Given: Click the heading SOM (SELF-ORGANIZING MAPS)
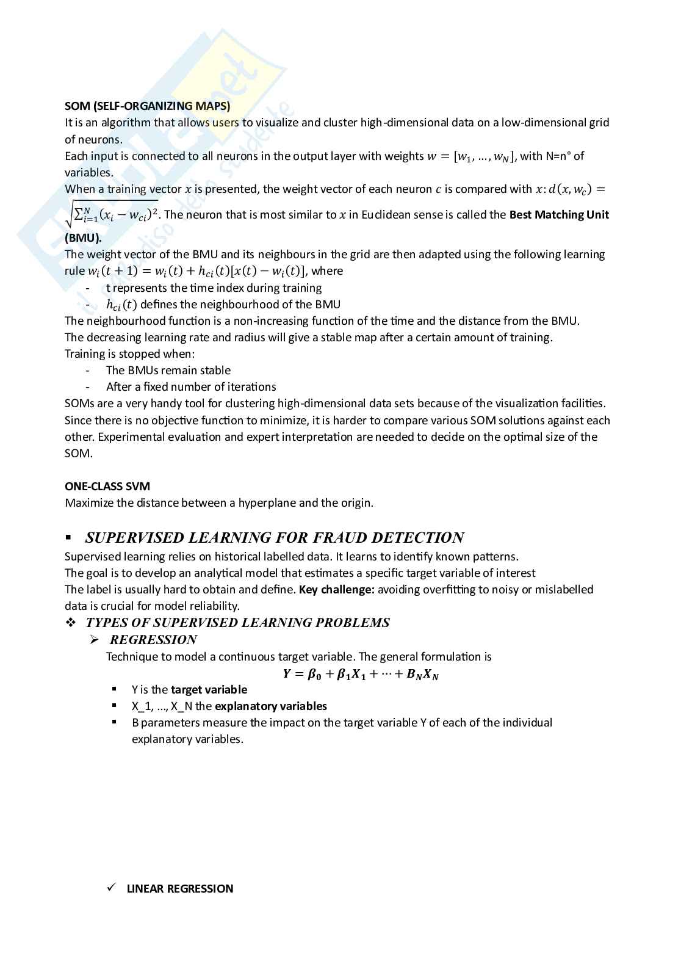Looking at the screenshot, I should (147, 106).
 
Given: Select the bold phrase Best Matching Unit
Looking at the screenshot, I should (559, 215).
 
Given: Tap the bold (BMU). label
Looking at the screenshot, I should (83, 238).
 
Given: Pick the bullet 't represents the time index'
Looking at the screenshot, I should (214, 288).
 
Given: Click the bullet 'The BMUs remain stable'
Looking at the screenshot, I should (168, 371).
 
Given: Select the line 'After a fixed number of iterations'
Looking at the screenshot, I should (190, 387).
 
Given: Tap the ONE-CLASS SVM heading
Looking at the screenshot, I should (107, 487).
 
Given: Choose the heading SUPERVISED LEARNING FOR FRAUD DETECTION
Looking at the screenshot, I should (275, 538).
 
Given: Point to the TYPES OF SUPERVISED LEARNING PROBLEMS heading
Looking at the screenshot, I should (237, 623).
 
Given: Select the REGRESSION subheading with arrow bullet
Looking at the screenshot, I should (153, 640).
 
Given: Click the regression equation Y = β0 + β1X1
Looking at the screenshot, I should (361, 674).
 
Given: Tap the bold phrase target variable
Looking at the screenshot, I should (209, 690).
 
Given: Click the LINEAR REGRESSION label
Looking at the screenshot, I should (180, 889).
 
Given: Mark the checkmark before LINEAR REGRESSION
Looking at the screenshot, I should (111, 888).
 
